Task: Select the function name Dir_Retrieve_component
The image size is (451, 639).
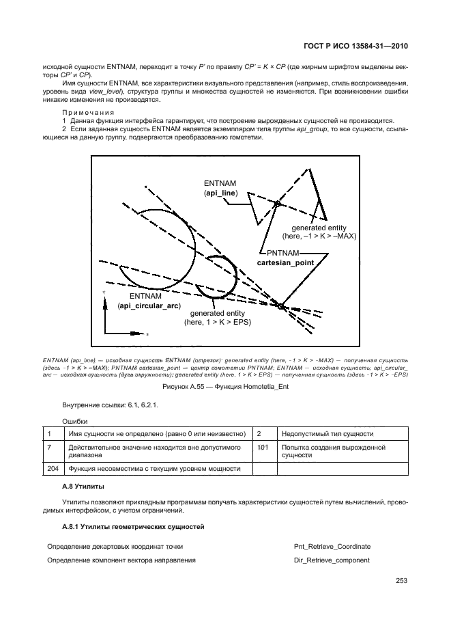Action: pyautogui.click(x=332, y=560)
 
